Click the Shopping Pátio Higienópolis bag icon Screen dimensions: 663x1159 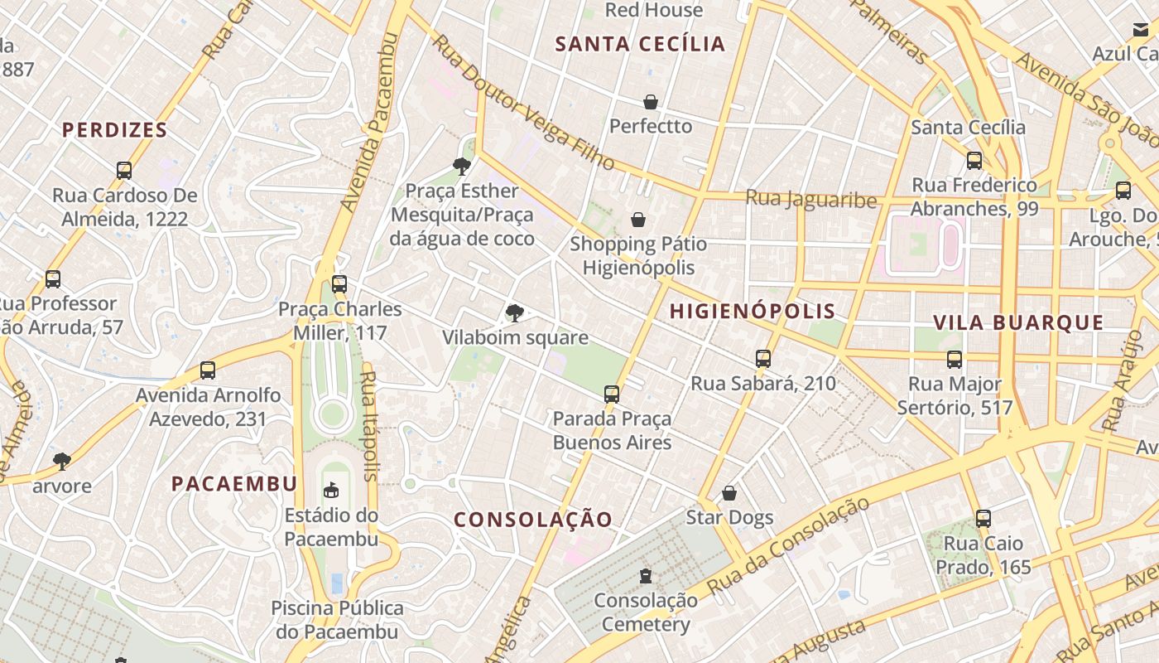click(x=638, y=220)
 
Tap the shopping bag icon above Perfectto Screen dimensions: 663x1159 click(x=651, y=102)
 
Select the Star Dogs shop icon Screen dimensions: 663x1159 click(x=729, y=493)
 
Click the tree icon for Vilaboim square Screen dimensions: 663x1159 click(x=515, y=312)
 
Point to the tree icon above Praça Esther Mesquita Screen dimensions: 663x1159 click(x=462, y=167)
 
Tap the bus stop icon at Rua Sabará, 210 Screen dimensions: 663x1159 click(x=763, y=359)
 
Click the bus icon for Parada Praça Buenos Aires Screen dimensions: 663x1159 click(x=612, y=394)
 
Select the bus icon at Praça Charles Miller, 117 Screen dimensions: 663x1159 click(x=339, y=284)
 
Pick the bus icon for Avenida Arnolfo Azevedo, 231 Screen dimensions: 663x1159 click(x=208, y=370)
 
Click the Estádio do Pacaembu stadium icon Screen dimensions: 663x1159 click(x=331, y=490)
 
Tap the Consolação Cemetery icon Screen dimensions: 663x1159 click(x=646, y=575)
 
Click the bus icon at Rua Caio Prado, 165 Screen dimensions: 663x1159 click(x=983, y=519)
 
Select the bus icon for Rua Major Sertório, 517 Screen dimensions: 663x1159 click(x=955, y=360)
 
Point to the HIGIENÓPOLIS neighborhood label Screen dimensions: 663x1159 click(x=752, y=312)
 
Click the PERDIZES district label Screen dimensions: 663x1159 click(x=115, y=130)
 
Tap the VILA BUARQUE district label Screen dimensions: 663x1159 click(x=1018, y=323)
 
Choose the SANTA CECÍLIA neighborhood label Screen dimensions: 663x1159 click(x=640, y=44)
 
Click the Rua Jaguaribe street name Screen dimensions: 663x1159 click(x=810, y=199)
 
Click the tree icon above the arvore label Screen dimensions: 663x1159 click(x=62, y=461)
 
